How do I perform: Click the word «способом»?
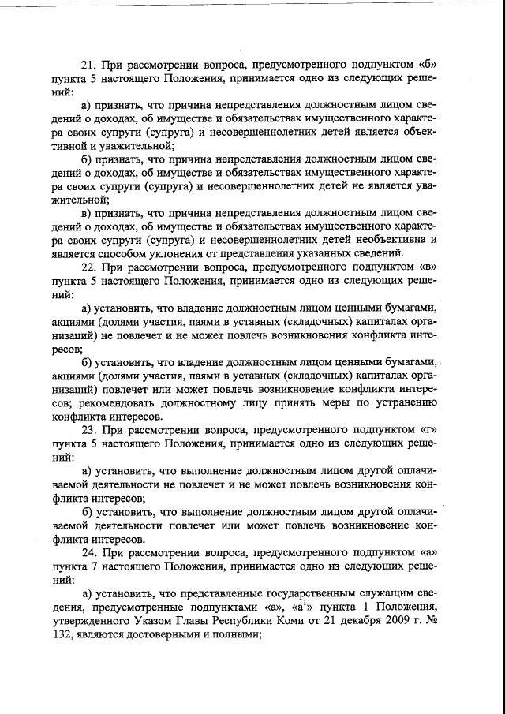coord(134,253)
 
